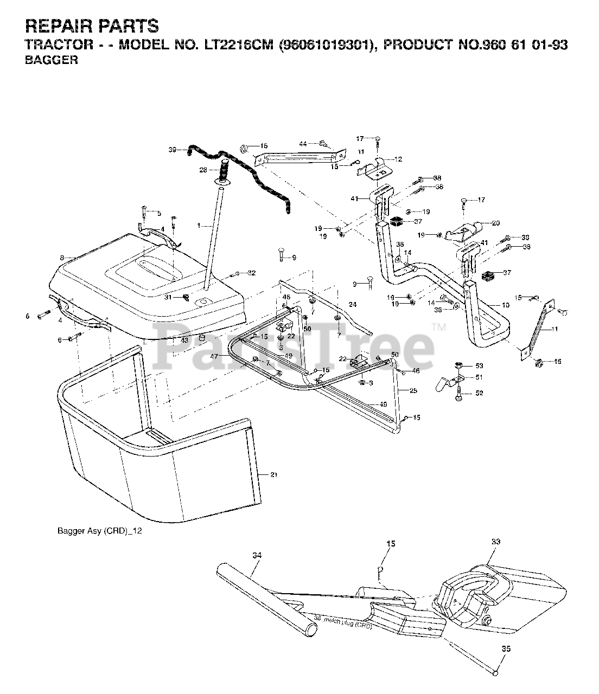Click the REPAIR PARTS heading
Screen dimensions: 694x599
click(92, 25)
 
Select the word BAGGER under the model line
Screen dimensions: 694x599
click(52, 60)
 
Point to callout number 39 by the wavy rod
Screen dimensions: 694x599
click(173, 149)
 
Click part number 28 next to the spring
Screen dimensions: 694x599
click(203, 170)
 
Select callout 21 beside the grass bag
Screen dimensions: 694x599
click(274, 475)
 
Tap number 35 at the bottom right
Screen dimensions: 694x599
click(506, 648)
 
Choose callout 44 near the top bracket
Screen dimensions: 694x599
click(303, 143)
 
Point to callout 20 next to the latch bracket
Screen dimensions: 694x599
click(494, 222)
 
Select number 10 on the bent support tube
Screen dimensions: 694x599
click(505, 305)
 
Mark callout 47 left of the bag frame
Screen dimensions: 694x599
click(214, 356)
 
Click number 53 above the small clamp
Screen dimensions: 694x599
click(479, 366)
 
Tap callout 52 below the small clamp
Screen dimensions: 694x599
click(479, 393)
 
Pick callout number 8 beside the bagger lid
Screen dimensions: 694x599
click(62, 258)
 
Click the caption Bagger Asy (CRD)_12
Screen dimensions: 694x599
click(99, 531)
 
